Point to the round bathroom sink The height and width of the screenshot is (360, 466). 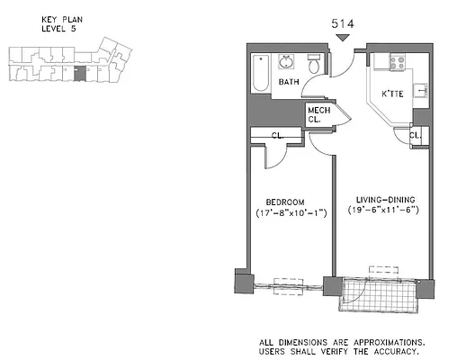[287, 63]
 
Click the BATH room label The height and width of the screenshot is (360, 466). [288, 83]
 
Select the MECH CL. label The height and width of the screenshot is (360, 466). [319, 114]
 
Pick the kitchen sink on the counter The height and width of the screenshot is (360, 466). [422, 92]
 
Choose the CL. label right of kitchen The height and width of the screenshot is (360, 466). [416, 136]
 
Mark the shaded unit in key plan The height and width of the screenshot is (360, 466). [79, 73]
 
